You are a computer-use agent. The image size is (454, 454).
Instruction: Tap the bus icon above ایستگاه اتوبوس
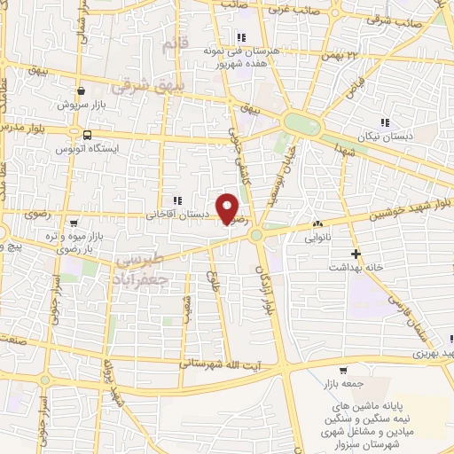86,135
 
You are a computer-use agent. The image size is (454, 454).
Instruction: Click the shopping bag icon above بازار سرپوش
82,90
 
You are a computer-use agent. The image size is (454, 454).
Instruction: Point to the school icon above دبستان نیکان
384,121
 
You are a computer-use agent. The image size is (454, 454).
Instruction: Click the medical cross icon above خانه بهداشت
355,253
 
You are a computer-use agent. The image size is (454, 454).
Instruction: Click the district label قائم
176,42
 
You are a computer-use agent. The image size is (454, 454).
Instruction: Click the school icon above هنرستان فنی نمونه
240,37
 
